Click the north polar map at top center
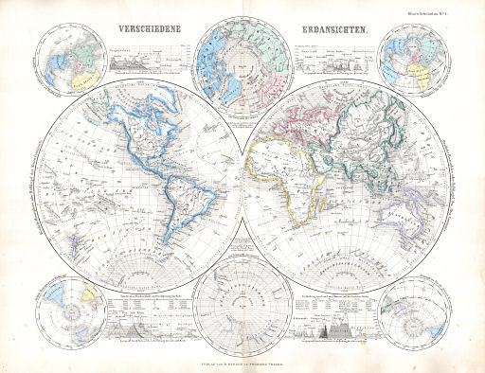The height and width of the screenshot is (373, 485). click(x=242, y=62)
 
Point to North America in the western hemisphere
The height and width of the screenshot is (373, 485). click(x=142, y=133)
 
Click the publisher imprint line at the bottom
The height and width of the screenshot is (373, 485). click(x=242, y=361)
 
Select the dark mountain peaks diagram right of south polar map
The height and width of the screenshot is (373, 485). click(x=338, y=332)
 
